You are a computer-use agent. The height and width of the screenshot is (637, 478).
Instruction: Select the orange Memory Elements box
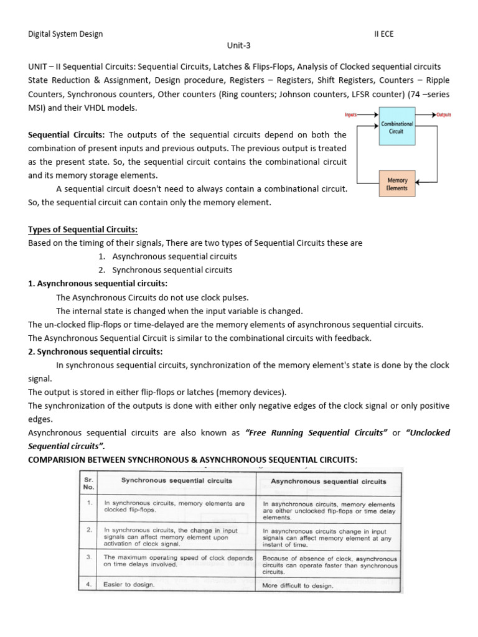(x=396, y=184)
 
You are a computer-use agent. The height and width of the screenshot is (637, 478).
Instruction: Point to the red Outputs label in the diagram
(x=444, y=115)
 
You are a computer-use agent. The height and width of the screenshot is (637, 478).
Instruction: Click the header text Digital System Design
(x=65, y=34)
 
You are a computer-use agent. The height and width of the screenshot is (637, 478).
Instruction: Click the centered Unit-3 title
(x=239, y=45)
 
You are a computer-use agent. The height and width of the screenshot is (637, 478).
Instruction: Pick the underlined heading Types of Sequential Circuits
(x=83, y=230)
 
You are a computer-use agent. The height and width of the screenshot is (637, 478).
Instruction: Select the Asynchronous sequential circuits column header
(x=328, y=481)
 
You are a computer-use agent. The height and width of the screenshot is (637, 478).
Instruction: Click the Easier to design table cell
(x=129, y=585)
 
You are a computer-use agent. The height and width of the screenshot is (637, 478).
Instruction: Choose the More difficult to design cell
(x=298, y=585)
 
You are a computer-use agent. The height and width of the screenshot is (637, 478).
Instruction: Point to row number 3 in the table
(x=90, y=557)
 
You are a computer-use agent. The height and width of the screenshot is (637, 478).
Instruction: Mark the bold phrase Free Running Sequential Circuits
(x=317, y=432)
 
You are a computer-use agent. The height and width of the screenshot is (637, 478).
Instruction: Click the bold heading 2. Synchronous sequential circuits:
(x=95, y=351)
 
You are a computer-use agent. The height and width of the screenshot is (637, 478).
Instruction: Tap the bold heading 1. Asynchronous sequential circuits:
(x=98, y=284)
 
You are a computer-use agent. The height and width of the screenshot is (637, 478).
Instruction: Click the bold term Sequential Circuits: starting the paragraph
(x=67, y=135)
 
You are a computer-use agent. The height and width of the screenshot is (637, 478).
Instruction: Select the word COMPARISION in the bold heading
(x=59, y=460)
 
